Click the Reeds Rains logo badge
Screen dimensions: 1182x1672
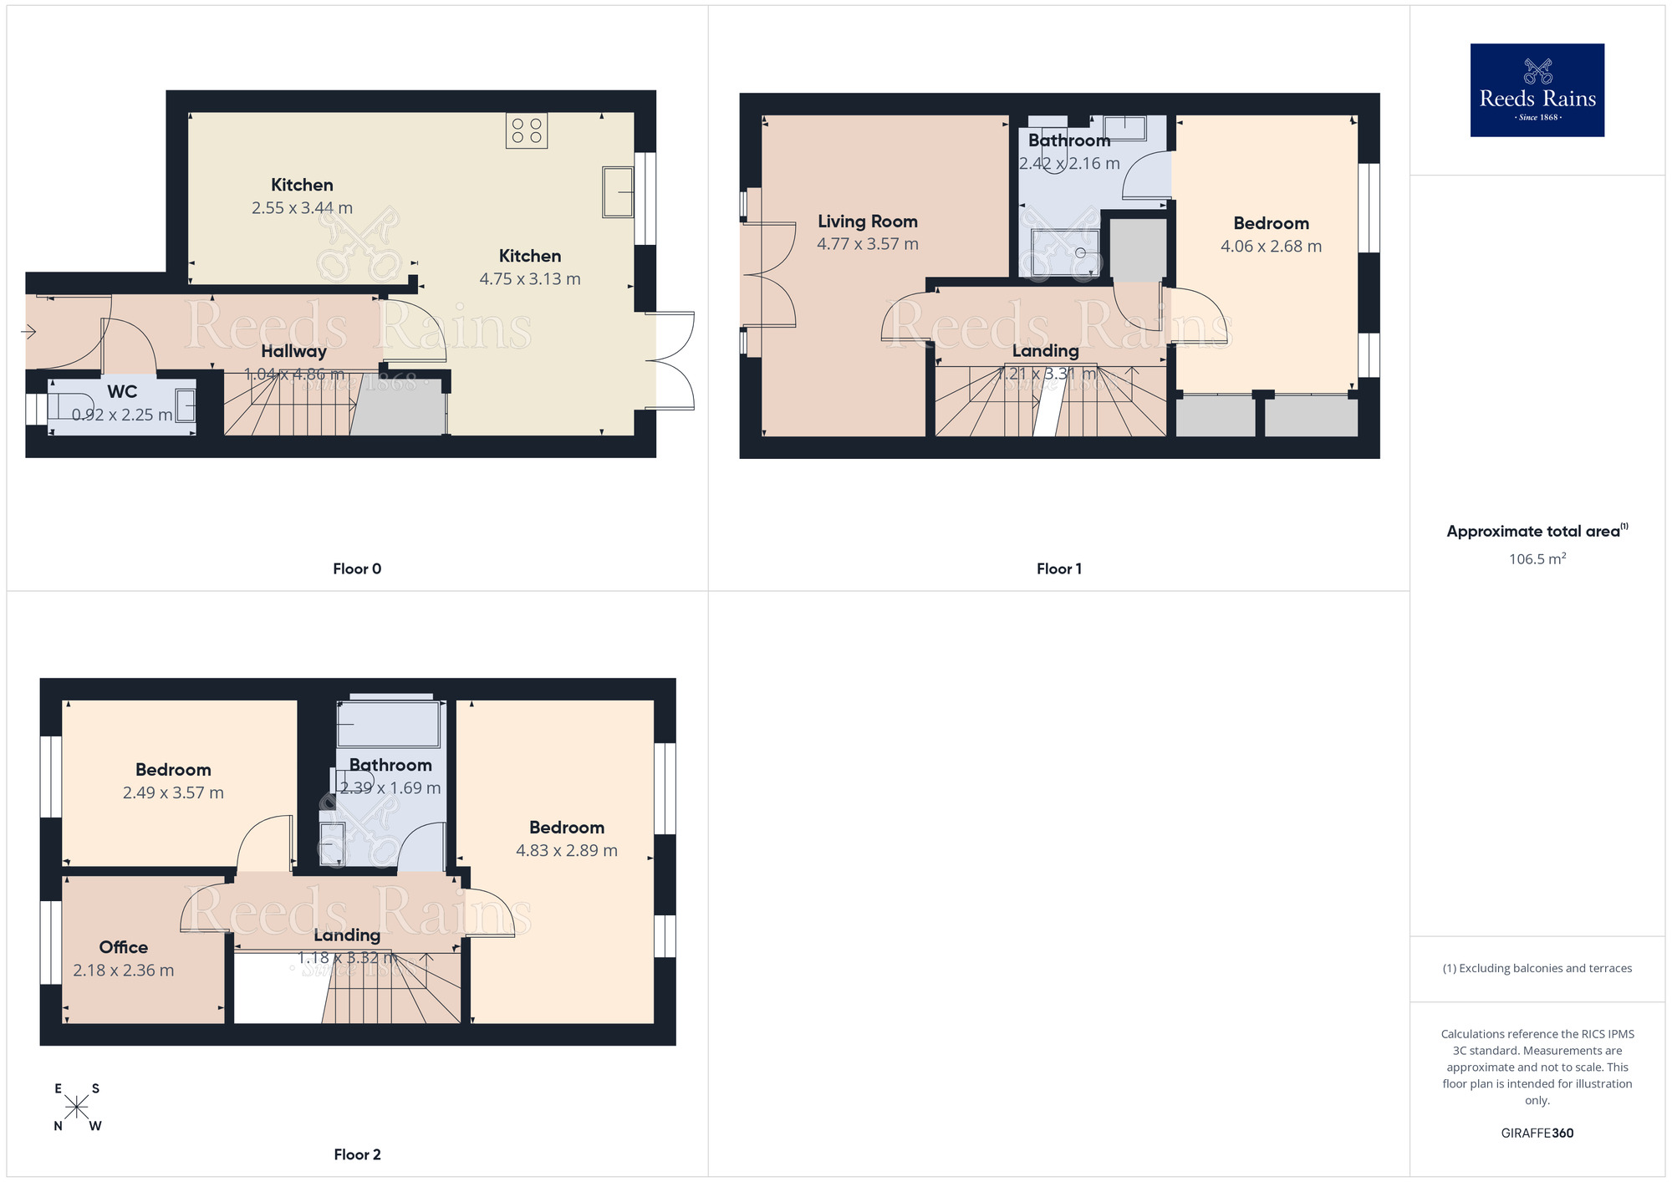pos(1537,90)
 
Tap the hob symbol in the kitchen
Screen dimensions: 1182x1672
pos(527,131)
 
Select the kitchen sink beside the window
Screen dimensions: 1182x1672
pos(618,191)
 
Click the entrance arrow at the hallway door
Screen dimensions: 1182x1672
pos(28,332)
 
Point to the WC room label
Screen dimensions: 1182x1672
pos(122,391)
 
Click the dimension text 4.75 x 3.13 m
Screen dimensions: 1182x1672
pos(530,279)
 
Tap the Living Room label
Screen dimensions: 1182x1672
pos(867,222)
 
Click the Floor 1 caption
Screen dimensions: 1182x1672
pos(1058,569)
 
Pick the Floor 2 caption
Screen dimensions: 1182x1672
pos(357,1154)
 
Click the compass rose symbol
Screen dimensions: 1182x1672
pos(76,1108)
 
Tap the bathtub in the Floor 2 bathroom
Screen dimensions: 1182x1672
pos(388,724)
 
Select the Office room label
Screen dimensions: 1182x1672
pos(123,947)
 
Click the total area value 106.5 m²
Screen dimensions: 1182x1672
pos(1537,559)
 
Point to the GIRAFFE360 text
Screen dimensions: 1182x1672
pos(1537,1134)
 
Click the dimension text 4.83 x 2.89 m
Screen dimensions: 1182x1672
pos(566,851)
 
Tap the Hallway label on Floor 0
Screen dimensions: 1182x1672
pos(293,352)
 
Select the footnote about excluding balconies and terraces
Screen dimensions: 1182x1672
pos(1537,969)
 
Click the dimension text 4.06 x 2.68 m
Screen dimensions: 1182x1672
pos(1271,247)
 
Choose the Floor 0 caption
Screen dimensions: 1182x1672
pos(357,569)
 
